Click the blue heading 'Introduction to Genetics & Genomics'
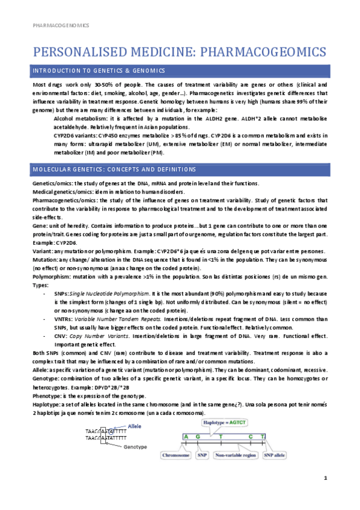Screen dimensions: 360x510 tap(99, 72)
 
